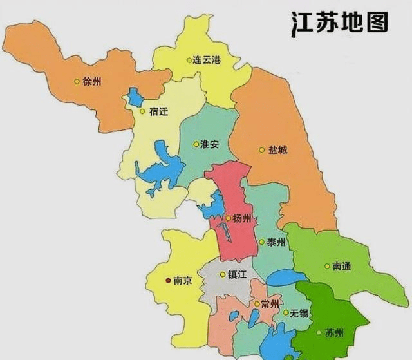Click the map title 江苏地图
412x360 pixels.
click(339, 22)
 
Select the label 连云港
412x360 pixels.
click(207, 60)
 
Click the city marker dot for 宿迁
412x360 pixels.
click(143, 111)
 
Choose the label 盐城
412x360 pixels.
click(278, 150)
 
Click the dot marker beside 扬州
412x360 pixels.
click(228, 218)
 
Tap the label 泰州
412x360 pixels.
click(276, 242)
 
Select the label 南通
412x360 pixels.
click(342, 266)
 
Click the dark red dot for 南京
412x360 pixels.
click(169, 281)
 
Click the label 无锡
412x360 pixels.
click(299, 313)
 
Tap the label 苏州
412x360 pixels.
click(334, 333)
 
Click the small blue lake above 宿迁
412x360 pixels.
click(135, 97)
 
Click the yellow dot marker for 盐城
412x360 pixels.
click(262, 150)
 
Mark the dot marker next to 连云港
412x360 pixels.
click(190, 60)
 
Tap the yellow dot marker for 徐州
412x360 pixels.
click(77, 81)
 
